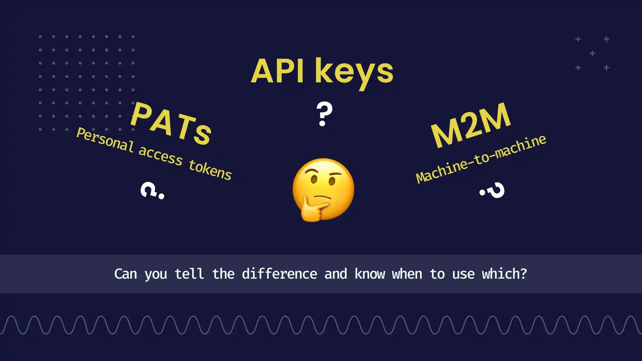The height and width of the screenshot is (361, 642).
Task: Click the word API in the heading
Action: coord(277,71)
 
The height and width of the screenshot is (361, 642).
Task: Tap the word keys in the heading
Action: coord(354,73)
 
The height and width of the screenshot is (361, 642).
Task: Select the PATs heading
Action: coord(171,124)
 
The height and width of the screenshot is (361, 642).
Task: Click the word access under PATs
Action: coord(160,155)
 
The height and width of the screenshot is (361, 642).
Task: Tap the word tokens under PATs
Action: coord(210,170)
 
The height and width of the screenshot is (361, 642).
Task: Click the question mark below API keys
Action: coord(324,114)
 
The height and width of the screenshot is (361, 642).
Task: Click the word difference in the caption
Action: coord(279,274)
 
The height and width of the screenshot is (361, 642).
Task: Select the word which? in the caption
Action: coord(504,274)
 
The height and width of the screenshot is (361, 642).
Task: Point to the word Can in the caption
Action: coord(125,274)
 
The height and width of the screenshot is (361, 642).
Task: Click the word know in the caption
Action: coord(369,274)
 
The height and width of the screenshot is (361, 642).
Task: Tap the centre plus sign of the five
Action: coord(592,54)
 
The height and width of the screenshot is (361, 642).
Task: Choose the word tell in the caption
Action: coord(189,274)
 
